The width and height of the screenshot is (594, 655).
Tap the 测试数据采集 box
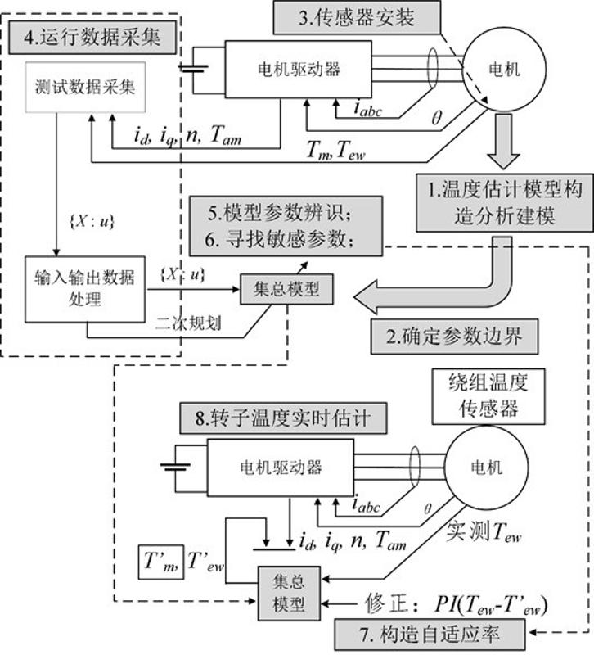click(86, 87)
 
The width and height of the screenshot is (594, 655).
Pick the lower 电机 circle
click(479, 467)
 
